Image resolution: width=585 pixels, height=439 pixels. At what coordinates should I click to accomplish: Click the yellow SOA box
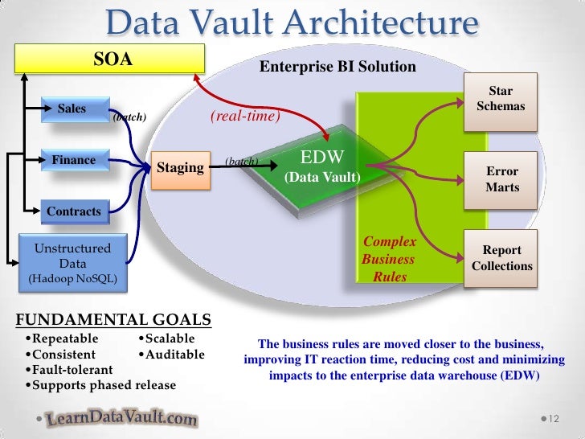[113, 59]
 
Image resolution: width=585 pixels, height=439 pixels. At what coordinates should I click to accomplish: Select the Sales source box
[72, 109]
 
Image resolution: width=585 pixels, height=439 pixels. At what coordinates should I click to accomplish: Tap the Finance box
[74, 161]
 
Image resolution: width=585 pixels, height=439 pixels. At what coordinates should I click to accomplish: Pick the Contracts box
[74, 212]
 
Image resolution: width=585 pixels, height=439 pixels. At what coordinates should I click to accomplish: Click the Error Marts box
[501, 179]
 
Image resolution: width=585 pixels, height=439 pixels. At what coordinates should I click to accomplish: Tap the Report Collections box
[501, 258]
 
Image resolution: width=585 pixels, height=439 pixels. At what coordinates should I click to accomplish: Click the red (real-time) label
[245, 117]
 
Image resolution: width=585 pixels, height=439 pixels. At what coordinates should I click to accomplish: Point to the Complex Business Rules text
[389, 259]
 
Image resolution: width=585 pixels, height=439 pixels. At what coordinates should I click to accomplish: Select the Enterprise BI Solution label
[337, 66]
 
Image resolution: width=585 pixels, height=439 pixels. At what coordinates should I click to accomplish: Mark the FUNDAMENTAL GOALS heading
[113, 319]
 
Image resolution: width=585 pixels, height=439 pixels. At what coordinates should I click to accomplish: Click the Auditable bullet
[171, 354]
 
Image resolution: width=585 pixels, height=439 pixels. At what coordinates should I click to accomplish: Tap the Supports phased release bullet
[100, 385]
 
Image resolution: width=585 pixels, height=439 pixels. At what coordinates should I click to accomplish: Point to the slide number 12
[553, 419]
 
